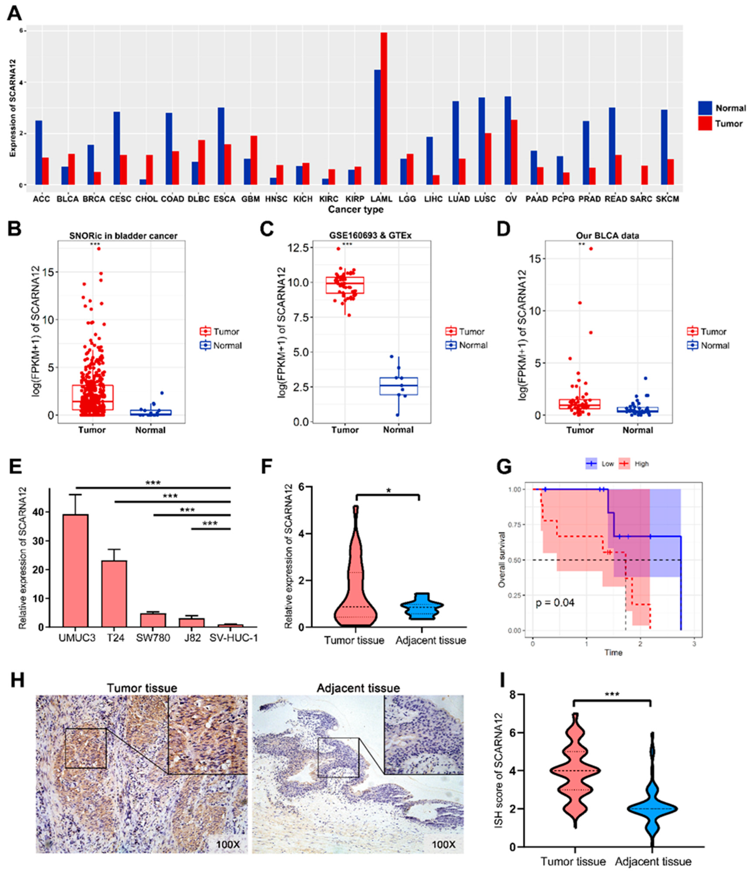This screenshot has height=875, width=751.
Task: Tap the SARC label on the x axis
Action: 641,199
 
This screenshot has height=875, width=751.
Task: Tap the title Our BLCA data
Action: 607,236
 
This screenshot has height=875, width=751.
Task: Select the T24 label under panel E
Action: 115,638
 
